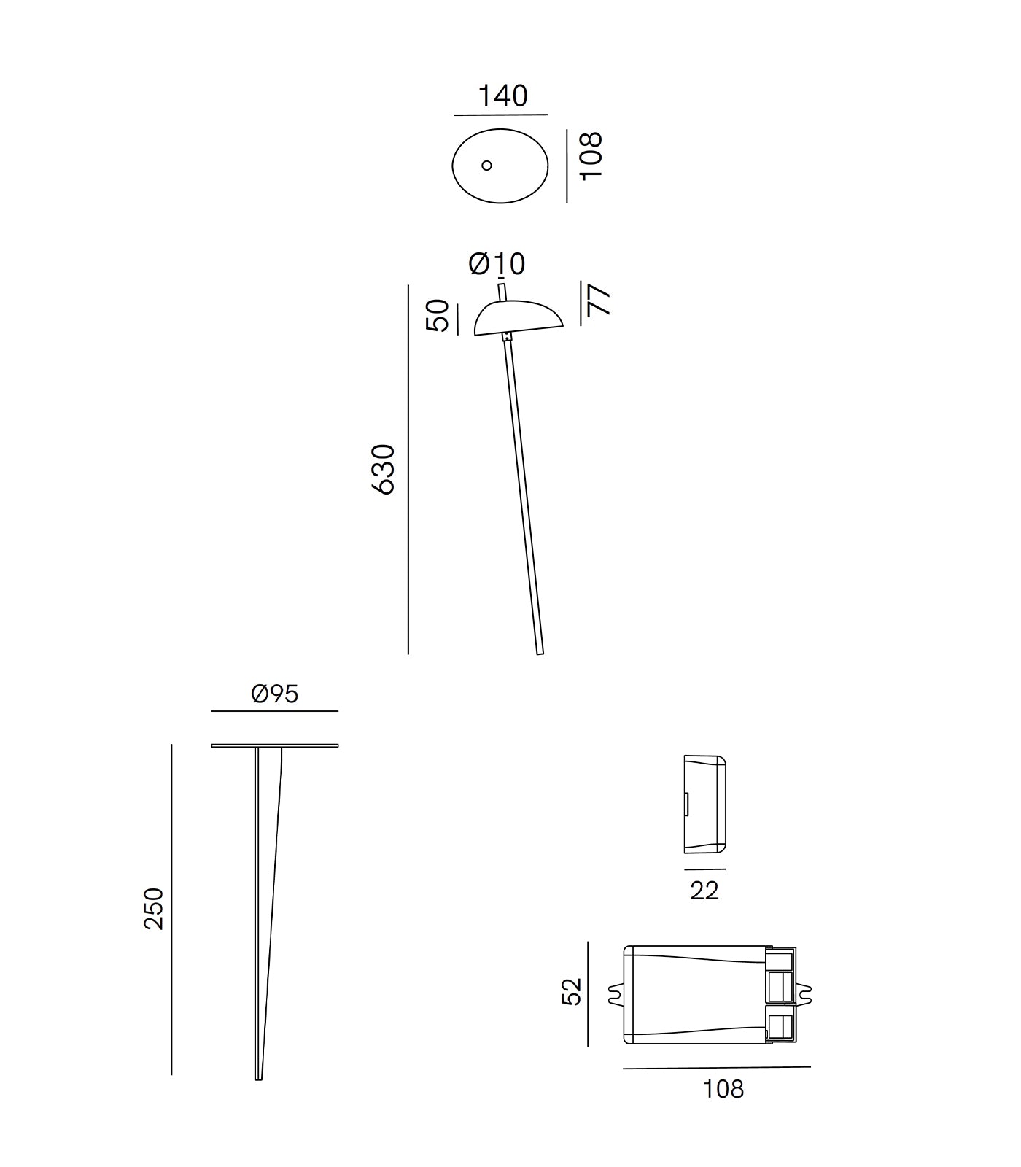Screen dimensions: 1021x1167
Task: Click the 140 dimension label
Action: click(502, 96)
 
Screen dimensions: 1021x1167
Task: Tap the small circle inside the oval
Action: click(486, 166)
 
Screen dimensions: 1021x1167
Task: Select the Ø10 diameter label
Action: click(497, 263)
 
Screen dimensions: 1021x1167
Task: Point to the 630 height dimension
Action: click(384, 469)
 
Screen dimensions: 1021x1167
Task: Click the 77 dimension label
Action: click(599, 300)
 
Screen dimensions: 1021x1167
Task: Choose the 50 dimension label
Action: click(438, 315)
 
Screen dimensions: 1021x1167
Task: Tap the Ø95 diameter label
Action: click(274, 694)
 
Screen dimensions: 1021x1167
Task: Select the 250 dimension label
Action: click(154, 908)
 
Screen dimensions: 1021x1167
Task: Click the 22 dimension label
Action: click(704, 890)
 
